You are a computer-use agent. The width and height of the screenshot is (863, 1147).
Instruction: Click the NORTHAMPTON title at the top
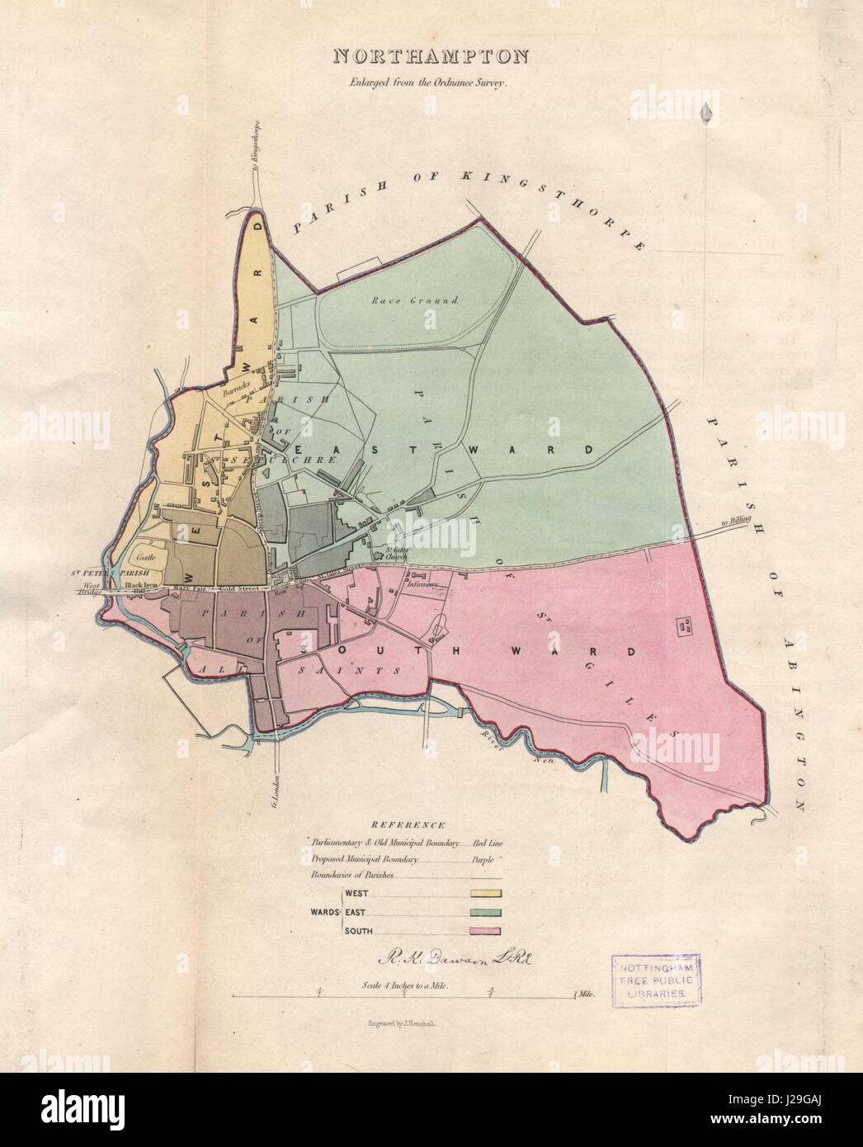point(431,57)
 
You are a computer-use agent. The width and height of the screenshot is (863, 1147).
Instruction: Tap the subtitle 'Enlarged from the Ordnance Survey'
point(431,83)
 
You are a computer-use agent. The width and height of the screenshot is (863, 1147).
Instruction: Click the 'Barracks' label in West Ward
point(237,393)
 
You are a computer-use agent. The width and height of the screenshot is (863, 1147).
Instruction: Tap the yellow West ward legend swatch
point(486,893)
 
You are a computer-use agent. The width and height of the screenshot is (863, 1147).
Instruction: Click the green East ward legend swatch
point(486,912)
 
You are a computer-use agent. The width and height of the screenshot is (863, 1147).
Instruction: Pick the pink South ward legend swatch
point(486,931)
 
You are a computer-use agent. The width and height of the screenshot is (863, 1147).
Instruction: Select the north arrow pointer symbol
point(705,112)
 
